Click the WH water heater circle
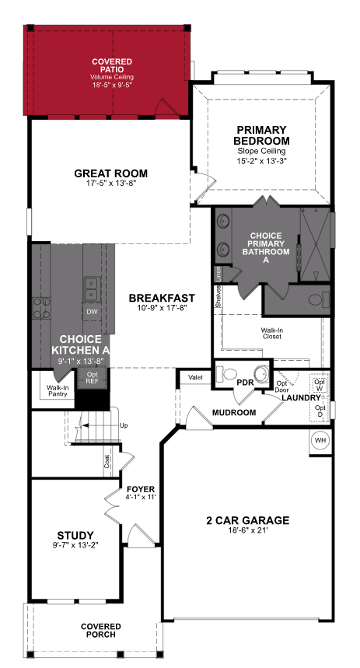click(320, 440)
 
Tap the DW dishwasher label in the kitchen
click(91, 311)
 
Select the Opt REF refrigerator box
click(92, 379)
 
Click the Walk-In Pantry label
click(58, 390)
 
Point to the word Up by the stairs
click(124, 425)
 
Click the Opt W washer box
click(319, 384)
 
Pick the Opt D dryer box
click(320, 410)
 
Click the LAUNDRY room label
click(301, 397)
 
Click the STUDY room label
click(75, 535)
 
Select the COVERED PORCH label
click(101, 630)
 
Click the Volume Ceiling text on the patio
click(111, 77)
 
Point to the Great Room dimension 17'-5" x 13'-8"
click(110, 184)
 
